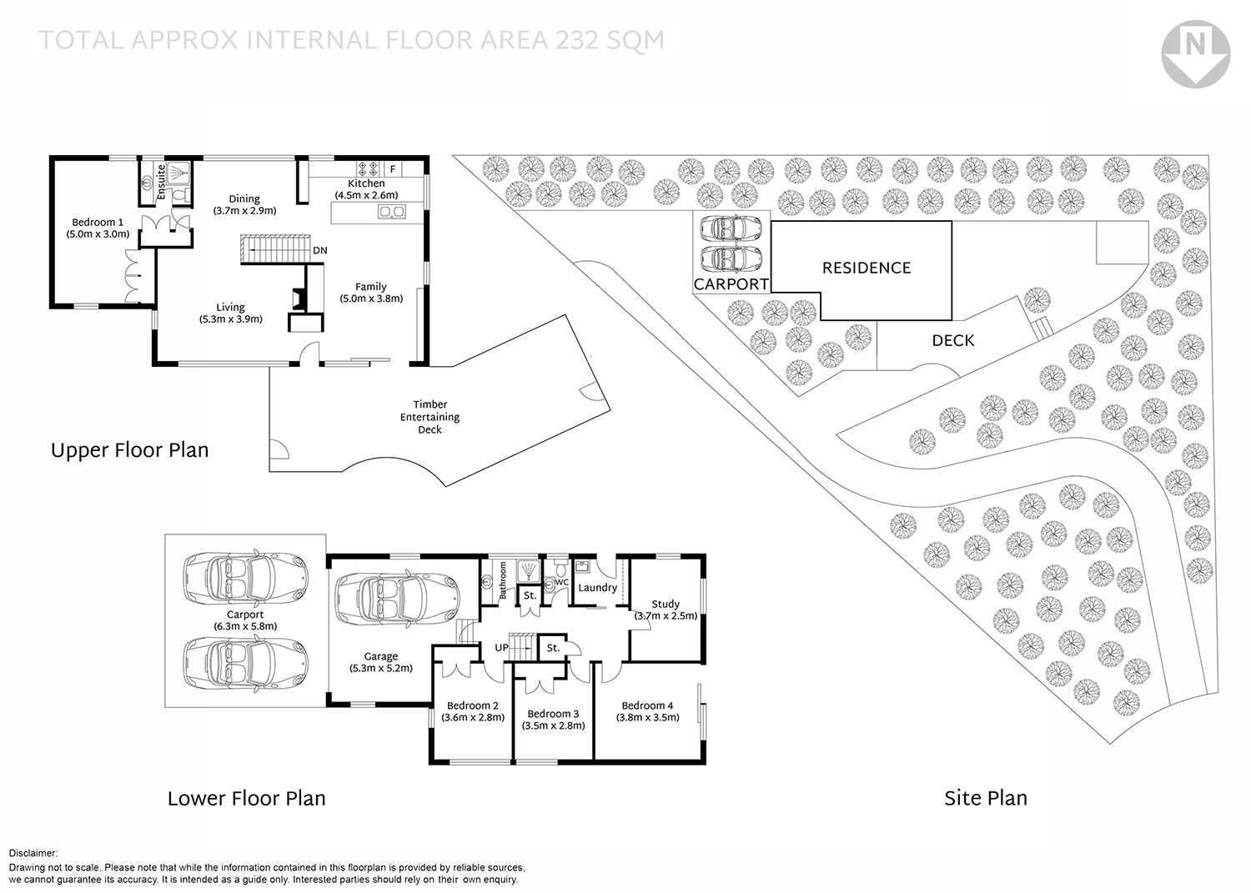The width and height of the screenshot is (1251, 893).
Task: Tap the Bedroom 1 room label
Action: [x=98, y=223]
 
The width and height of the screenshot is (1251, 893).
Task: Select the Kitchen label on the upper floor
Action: [x=366, y=183]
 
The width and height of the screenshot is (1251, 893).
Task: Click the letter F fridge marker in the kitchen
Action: [x=393, y=169]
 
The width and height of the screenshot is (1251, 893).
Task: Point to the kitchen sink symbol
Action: [x=391, y=212]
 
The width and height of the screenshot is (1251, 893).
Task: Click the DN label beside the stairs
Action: [x=320, y=250]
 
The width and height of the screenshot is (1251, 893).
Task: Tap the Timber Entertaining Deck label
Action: [x=430, y=417]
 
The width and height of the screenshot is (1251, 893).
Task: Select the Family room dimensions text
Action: [x=371, y=299]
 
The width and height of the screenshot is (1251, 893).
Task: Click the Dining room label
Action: [x=244, y=199]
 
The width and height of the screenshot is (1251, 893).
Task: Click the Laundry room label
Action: [x=597, y=588]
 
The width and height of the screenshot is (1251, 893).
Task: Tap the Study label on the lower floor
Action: [x=666, y=604]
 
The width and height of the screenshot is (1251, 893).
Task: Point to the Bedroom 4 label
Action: [x=647, y=705]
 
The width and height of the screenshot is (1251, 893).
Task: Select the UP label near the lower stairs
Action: [x=502, y=648]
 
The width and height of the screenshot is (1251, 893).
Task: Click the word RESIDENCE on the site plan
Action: [x=867, y=268]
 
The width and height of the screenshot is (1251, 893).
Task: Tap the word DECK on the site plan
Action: [x=953, y=340]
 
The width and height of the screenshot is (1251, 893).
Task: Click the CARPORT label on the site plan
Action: [x=731, y=284]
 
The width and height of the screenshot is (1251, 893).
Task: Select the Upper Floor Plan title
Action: [x=130, y=451]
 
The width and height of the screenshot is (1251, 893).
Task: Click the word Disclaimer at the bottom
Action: [x=33, y=853]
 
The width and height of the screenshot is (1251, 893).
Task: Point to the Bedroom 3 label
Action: [x=553, y=714]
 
